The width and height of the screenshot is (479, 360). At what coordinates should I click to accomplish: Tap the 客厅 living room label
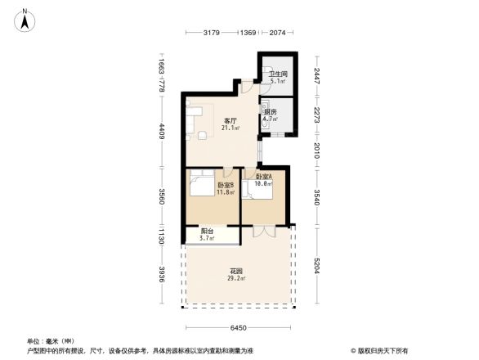pyautogui.click(x=231, y=121)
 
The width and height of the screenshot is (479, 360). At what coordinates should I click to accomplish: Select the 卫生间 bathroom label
pyautogui.click(x=278, y=74)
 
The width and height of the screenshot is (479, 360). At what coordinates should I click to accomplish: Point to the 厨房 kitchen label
pyautogui.click(x=270, y=111)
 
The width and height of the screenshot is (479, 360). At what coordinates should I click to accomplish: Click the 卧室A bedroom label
pyautogui.click(x=264, y=177)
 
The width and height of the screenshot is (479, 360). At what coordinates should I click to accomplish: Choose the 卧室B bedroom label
pyautogui.click(x=226, y=185)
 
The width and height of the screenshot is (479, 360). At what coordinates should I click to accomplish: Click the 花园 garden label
pyautogui.click(x=236, y=271)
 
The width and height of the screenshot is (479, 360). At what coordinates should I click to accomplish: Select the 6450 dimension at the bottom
pyautogui.click(x=237, y=328)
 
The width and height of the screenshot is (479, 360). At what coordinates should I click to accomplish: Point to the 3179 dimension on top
pyautogui.click(x=213, y=33)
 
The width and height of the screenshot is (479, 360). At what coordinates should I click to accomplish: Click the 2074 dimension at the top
pyautogui.click(x=276, y=33)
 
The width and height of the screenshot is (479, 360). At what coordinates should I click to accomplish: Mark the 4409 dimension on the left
pyautogui.click(x=163, y=131)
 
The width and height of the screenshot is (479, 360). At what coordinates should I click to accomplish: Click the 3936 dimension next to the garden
pyautogui.click(x=163, y=274)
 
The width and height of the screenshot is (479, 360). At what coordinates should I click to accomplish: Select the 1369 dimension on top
pyautogui.click(x=248, y=33)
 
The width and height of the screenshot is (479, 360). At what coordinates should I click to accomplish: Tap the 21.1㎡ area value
pyautogui.click(x=231, y=128)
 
